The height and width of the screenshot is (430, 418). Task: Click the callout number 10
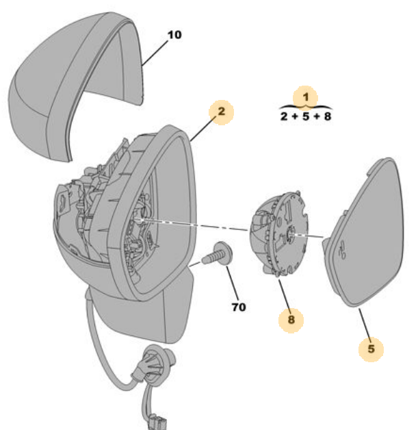coord(174,35)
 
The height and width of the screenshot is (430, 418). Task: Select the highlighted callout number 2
coord(222,112)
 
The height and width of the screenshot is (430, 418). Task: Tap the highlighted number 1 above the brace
coord(306,97)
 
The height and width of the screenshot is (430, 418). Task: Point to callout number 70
coord(239,307)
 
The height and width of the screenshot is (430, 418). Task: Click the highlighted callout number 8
coord(291,320)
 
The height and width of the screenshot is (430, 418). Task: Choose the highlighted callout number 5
coord(371,349)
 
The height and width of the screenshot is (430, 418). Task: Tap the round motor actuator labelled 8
coord(279,233)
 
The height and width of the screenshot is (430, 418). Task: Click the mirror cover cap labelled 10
coord(75,86)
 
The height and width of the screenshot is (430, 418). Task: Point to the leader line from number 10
coord(155,53)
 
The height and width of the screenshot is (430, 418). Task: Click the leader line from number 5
coord(365,325)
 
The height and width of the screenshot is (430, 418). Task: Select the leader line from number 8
coord(285,296)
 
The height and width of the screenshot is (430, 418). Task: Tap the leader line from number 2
coord(202,129)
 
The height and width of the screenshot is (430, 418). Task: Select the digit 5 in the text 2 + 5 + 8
coord(306,116)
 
